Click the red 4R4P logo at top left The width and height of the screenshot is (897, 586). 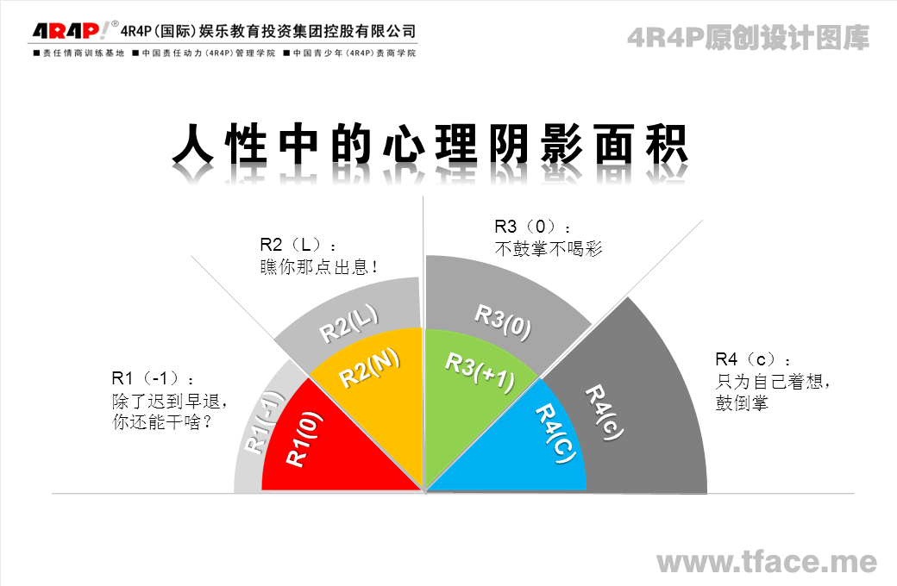(68, 30)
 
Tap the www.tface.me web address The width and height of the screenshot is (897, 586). (767, 561)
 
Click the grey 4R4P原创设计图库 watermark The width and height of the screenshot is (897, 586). (749, 38)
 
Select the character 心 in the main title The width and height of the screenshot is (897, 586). (404, 144)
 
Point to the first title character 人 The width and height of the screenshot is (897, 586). (193, 144)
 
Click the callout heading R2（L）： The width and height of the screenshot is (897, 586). (298, 246)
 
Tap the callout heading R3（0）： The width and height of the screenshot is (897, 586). (533, 227)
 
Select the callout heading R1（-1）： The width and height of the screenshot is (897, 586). (153, 378)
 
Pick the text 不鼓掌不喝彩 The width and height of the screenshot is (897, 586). (549, 249)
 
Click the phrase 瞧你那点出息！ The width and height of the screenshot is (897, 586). (319, 266)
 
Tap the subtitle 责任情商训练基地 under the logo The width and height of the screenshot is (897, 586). (79, 53)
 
